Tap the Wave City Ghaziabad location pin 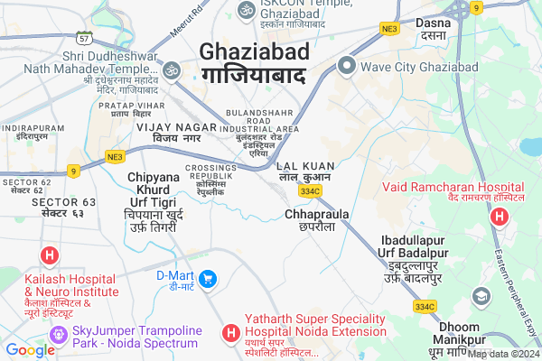(x=346, y=65)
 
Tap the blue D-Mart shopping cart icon (x=208, y=279)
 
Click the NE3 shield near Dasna (x=389, y=29)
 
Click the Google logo (x=30, y=350)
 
